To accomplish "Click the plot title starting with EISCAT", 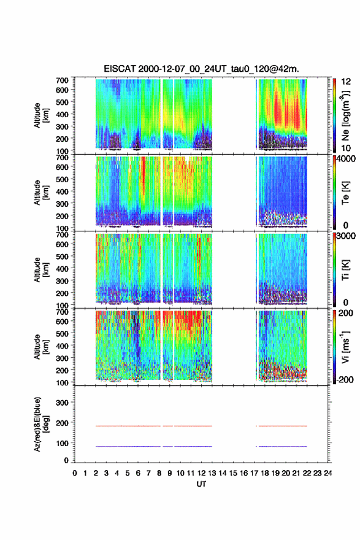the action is pyautogui.click(x=201, y=69).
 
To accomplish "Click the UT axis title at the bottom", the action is pyautogui.click(x=201, y=484).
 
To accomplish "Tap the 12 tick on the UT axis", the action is pyautogui.click(x=201, y=473).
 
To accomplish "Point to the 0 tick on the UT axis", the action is pyautogui.click(x=75, y=473).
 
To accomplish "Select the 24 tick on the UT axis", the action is pyautogui.click(x=327, y=473).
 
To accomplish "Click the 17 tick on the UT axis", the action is pyautogui.click(x=254, y=473).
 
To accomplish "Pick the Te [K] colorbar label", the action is pyautogui.click(x=345, y=193).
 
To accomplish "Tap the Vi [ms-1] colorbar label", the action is pyautogui.click(x=345, y=347).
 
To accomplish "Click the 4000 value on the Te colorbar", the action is pyautogui.click(x=346, y=159).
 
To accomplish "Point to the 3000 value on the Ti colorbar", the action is pyautogui.click(x=346, y=236).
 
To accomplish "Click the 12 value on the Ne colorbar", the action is pyautogui.click(x=346, y=82).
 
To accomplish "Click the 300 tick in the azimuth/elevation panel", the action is pyautogui.click(x=62, y=403).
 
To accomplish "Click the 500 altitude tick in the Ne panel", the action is pyautogui.click(x=62, y=102).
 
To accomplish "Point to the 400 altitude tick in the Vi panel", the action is pyautogui.click(x=62, y=345).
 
